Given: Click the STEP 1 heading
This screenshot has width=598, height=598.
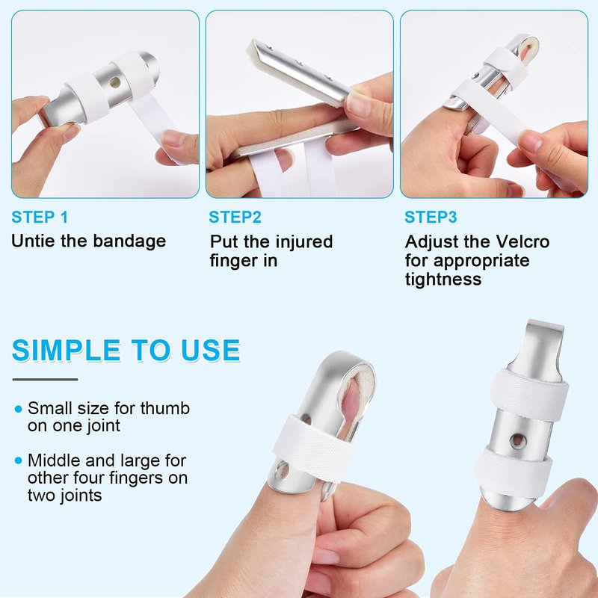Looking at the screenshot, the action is [x=40, y=217].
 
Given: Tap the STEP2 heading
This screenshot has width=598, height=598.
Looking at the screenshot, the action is [x=235, y=217].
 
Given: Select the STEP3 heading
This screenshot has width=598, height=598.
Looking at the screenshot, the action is [x=431, y=217].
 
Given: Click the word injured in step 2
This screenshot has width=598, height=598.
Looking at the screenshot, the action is [x=303, y=242].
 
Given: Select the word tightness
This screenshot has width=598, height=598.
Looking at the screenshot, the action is [x=443, y=280].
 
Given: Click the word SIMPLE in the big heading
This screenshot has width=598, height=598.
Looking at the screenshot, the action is [x=67, y=350].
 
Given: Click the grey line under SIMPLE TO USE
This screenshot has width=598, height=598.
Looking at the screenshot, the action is [x=45, y=380].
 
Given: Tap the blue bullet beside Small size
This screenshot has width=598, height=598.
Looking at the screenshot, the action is [x=18, y=409].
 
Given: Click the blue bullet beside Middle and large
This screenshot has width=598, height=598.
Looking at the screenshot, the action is [x=18, y=460].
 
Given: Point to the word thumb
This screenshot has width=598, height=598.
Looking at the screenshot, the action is [x=164, y=408].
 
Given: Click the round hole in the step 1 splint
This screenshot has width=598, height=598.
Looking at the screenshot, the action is [x=114, y=81].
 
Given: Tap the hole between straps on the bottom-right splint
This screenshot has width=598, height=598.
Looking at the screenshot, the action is [x=518, y=441].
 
